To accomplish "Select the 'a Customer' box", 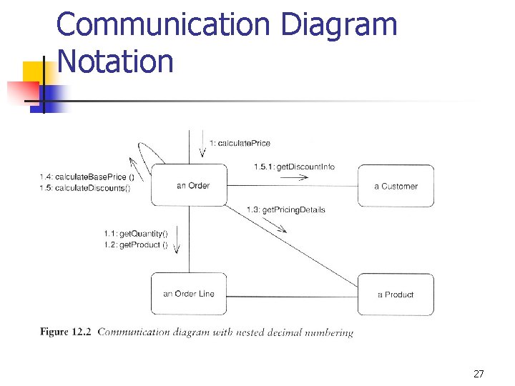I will click(396, 187).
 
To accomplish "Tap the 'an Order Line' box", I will click(189, 294).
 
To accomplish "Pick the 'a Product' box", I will click(396, 295).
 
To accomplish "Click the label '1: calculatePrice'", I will click(240, 143).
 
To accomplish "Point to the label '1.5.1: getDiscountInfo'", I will click(294, 167).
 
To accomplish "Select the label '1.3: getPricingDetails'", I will click(285, 209).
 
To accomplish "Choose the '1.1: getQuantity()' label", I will click(135, 234).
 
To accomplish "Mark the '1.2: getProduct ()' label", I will click(135, 245).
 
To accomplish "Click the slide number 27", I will click(479, 374).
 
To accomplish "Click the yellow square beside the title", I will click(33, 72).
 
